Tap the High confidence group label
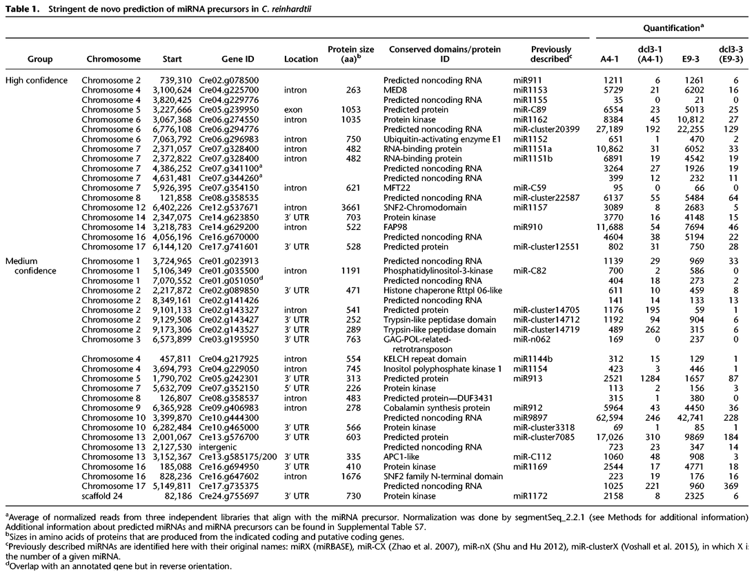(37, 80)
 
